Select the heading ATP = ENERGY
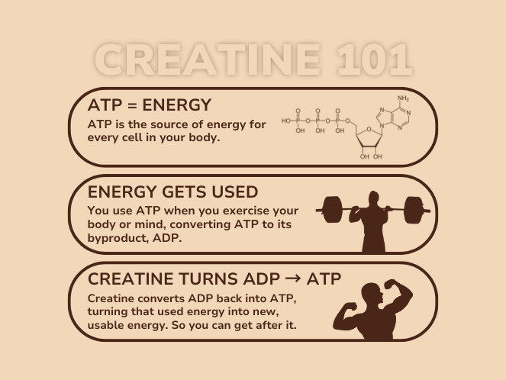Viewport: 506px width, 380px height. point(150,105)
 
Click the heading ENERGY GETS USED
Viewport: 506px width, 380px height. point(172,192)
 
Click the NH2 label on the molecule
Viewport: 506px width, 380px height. point(403,98)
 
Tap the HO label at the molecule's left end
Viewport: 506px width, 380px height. point(286,121)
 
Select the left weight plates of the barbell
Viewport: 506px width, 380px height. point(330,209)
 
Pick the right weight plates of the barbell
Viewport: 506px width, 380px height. point(414,209)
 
